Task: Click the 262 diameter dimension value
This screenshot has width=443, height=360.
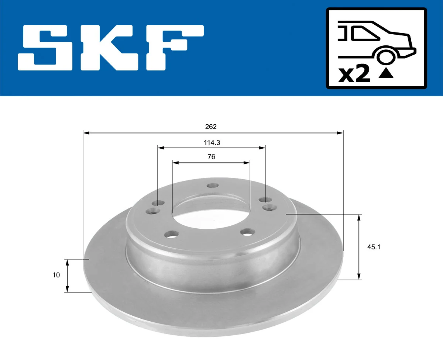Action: [211, 127]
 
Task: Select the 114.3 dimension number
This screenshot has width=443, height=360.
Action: [212, 142]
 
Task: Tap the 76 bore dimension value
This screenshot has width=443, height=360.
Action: [211, 157]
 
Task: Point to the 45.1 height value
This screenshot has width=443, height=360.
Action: [374, 247]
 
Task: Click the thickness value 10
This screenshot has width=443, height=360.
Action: [56, 275]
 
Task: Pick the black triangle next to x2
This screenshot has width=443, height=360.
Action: [386, 74]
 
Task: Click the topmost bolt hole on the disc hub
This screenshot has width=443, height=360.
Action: [213, 186]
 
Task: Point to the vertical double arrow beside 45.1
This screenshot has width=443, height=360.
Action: [359, 247]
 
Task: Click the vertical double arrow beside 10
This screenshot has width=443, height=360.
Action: [67, 276]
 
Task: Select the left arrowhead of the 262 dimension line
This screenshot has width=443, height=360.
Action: [86, 132]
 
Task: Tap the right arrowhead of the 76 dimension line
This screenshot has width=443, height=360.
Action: [247, 162]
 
